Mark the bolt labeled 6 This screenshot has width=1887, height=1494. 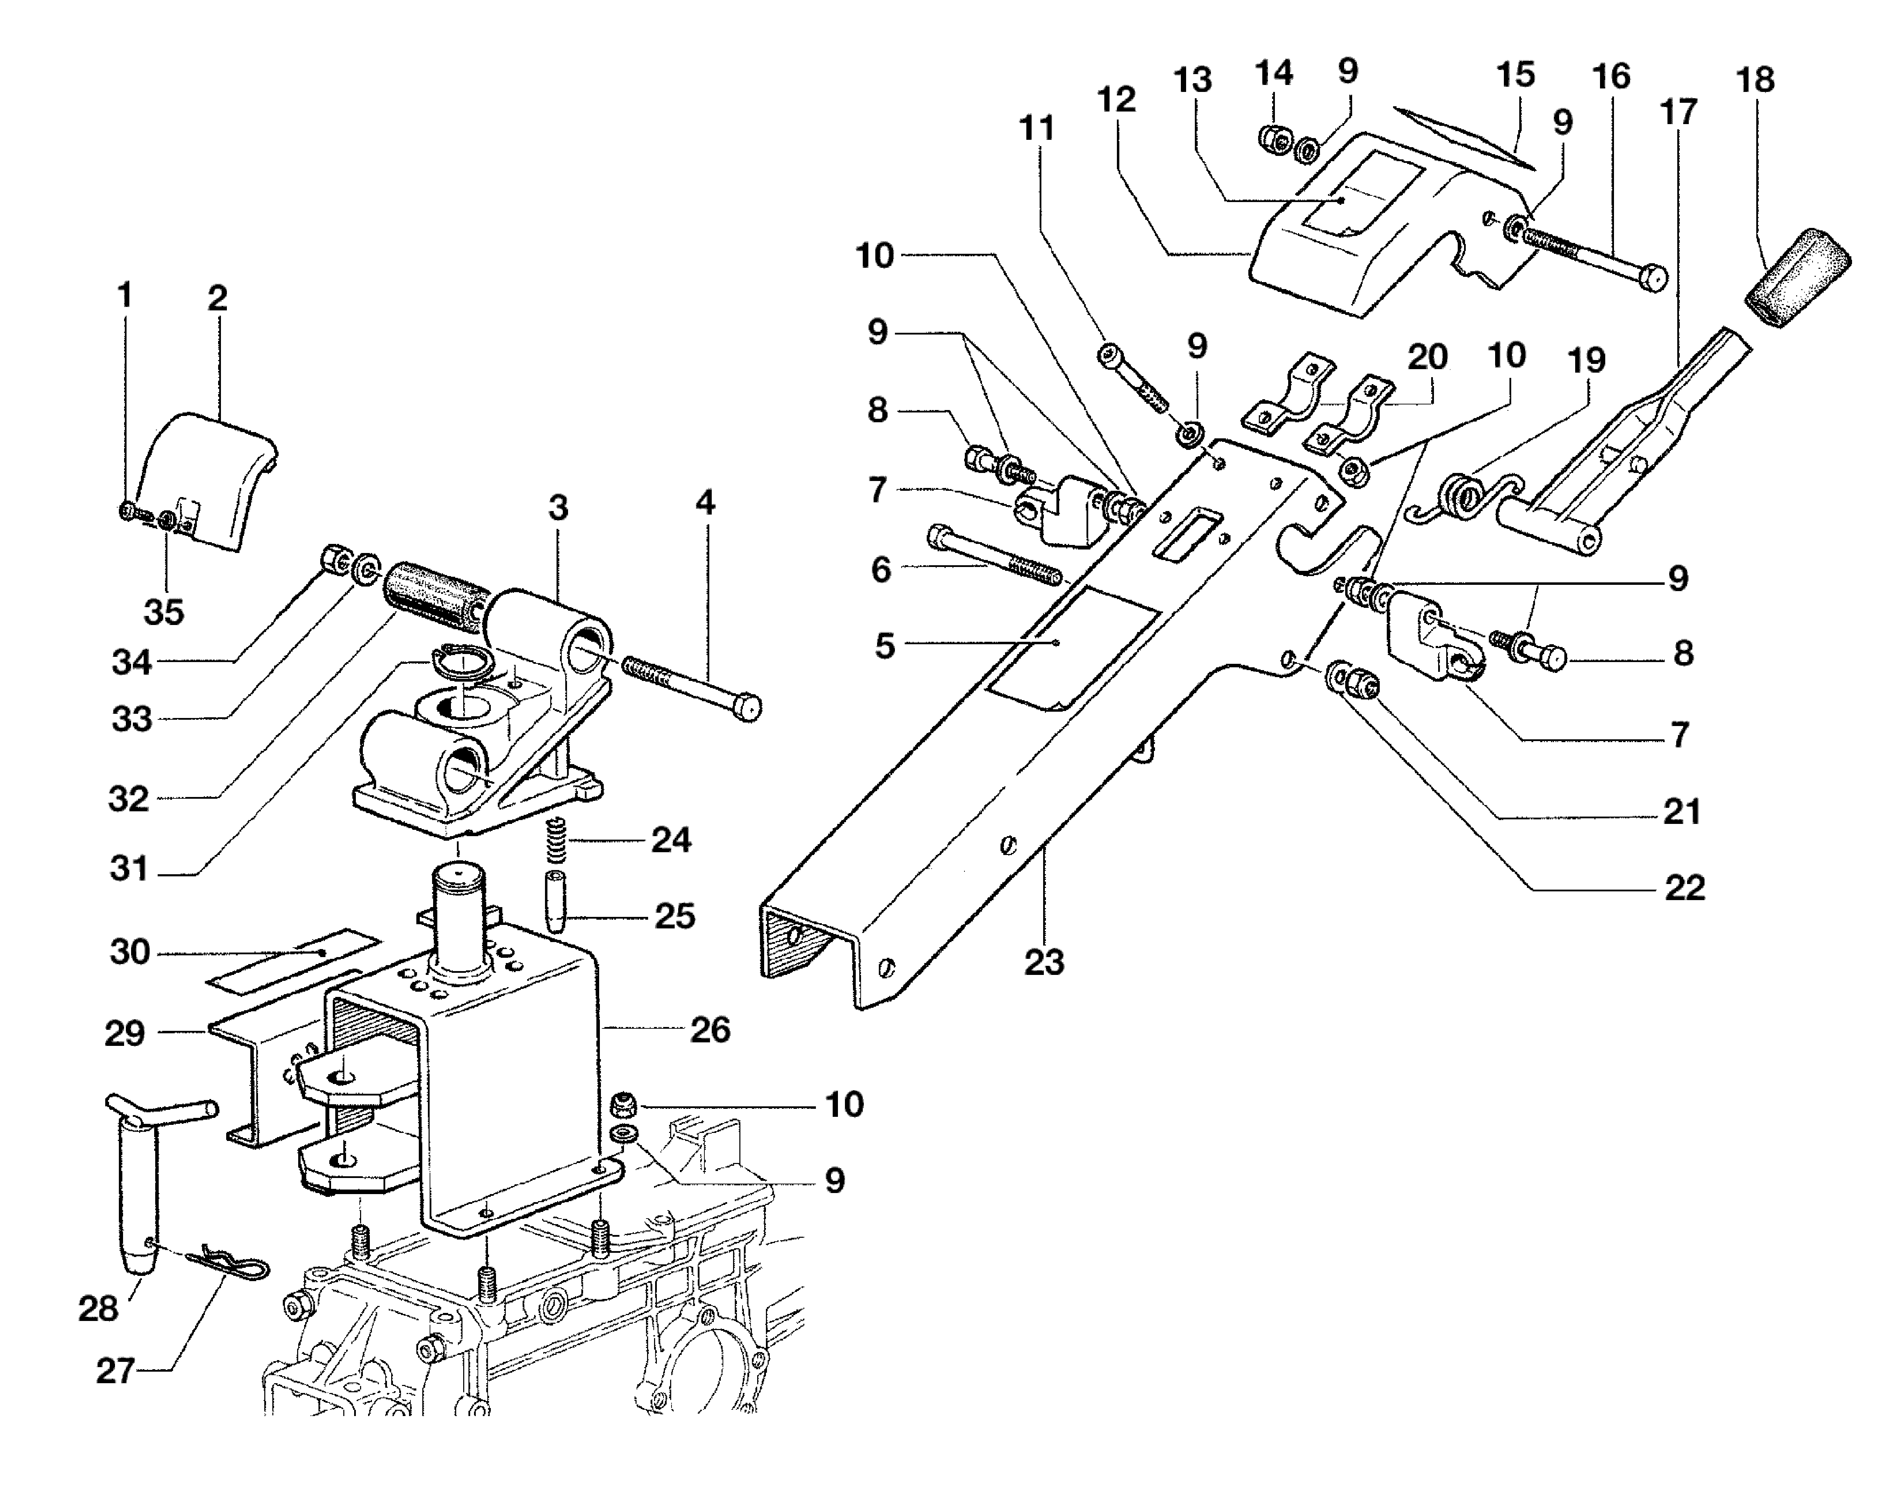995,554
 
